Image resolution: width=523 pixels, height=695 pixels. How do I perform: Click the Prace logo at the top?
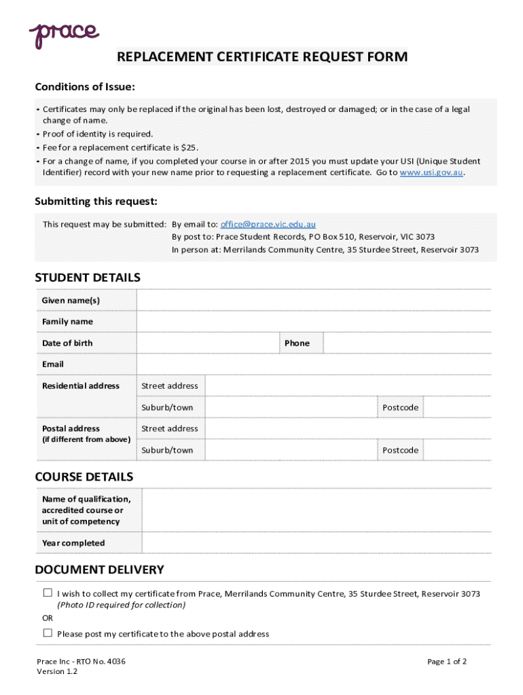64,33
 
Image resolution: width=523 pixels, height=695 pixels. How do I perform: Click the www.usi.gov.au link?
431,172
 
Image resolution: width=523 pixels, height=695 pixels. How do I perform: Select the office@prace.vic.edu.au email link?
268,224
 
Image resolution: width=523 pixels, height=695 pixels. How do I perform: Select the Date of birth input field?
208,343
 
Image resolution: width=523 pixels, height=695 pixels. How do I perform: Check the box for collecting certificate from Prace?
48,593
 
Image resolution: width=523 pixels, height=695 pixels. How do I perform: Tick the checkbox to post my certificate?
48,633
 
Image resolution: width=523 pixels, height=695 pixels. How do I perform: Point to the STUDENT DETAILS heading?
88,278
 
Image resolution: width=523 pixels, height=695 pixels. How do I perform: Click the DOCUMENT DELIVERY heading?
99,569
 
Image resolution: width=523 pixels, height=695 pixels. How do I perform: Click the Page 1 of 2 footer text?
446,662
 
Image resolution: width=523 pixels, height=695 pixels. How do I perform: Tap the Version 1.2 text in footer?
57,672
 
